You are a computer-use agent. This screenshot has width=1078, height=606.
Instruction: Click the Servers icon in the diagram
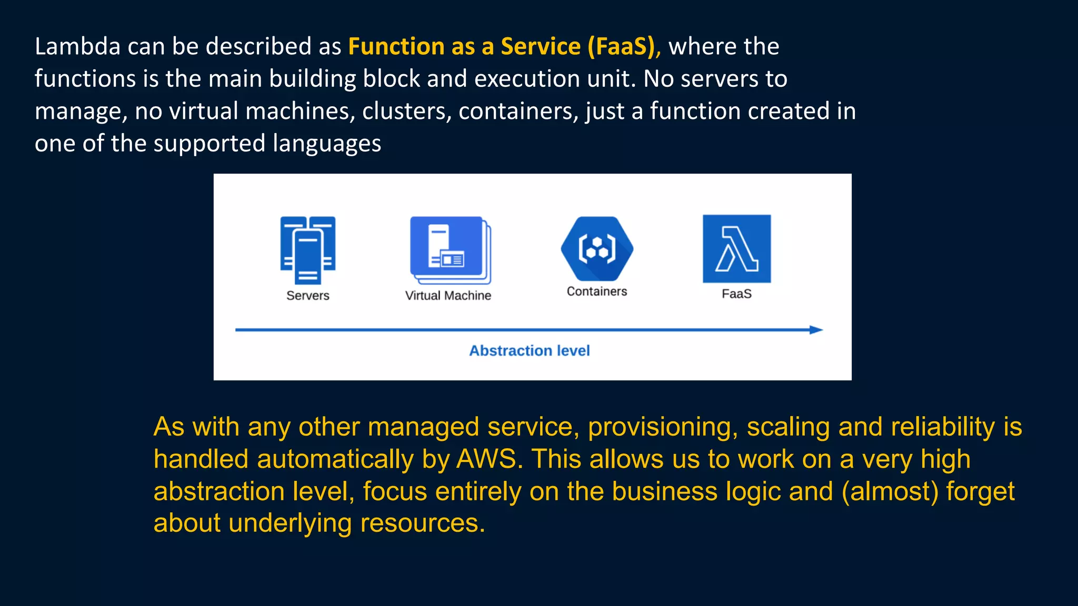click(x=308, y=250)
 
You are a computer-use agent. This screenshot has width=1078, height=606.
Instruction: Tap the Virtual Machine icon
click(x=450, y=250)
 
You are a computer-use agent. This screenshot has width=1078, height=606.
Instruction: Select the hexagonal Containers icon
click(x=597, y=249)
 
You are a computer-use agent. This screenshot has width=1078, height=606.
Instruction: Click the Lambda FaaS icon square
click(x=736, y=249)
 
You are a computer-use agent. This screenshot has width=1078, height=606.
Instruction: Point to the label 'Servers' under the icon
click(x=308, y=296)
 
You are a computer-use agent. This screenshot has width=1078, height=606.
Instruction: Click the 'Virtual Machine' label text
click(x=448, y=296)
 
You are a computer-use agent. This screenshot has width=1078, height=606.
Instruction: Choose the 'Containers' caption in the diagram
click(x=597, y=291)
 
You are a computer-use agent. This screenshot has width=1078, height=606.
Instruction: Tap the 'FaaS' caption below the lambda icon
click(x=736, y=294)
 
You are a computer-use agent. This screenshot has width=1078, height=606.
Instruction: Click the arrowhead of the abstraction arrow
click(x=816, y=330)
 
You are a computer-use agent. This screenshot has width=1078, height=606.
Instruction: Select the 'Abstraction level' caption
click(x=529, y=350)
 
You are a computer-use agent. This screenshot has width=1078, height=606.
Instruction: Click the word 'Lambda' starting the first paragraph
click(x=78, y=46)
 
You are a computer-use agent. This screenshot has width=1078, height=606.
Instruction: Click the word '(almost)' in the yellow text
click(x=890, y=491)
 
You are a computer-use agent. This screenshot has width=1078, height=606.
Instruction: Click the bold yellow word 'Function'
click(x=396, y=46)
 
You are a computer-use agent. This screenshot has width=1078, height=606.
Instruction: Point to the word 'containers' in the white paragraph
click(x=518, y=111)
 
